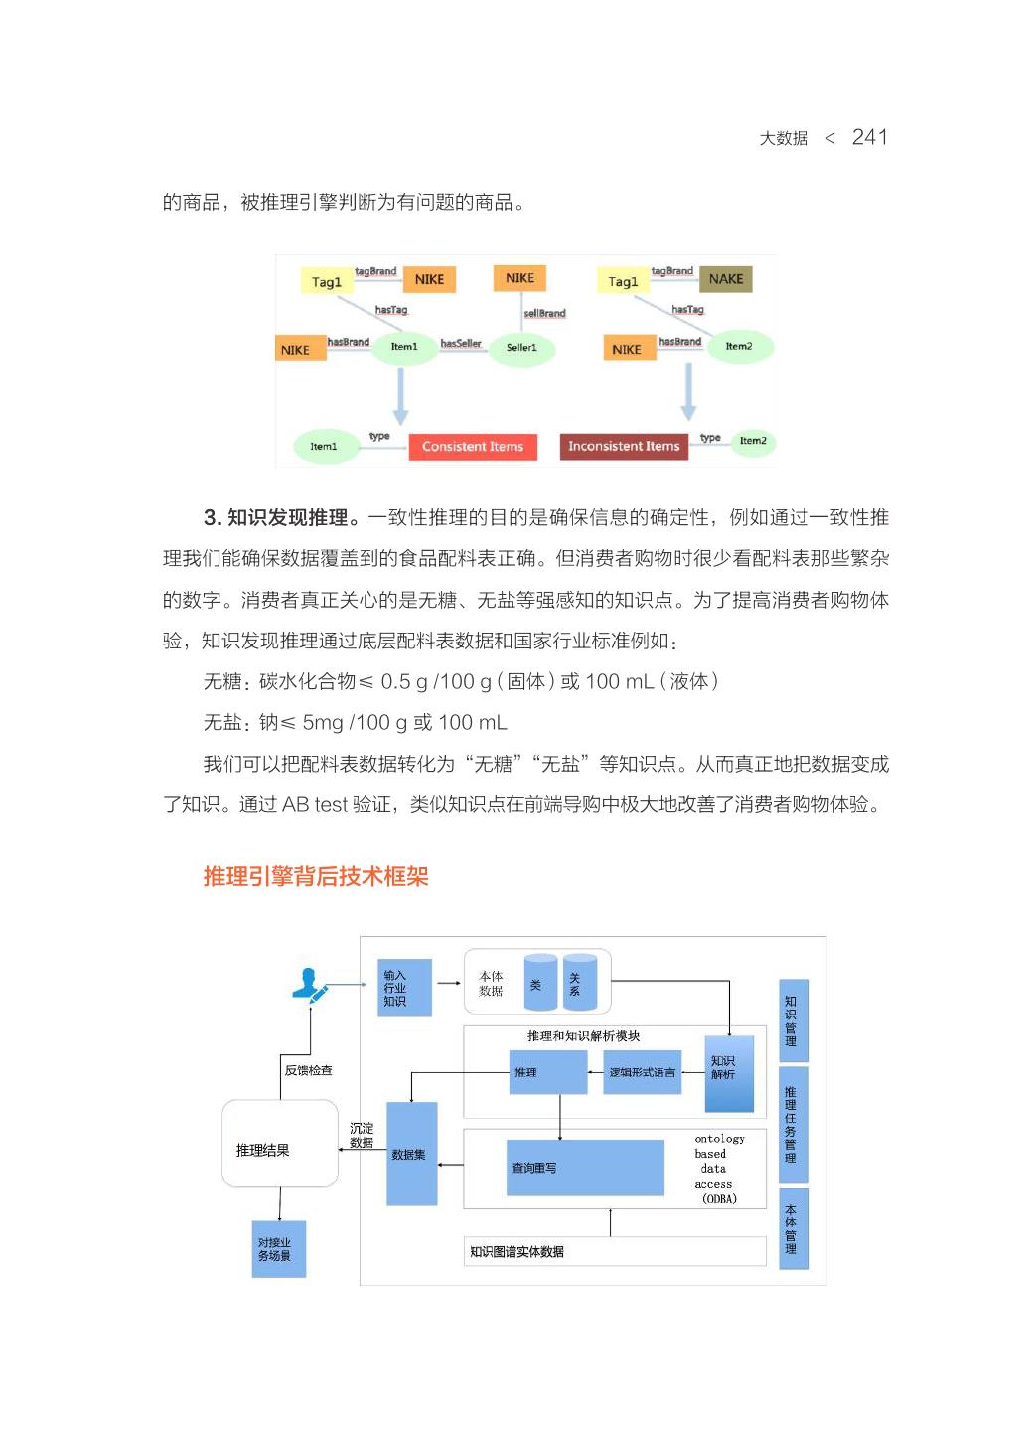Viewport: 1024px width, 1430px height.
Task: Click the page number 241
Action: pyautogui.click(x=869, y=137)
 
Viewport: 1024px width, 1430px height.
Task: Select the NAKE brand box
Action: pyautogui.click(x=725, y=279)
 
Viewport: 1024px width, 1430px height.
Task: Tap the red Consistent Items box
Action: pyautogui.click(x=472, y=447)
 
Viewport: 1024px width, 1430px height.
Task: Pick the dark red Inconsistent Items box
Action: pyautogui.click(x=623, y=447)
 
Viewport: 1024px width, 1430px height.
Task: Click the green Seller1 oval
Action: pyautogui.click(x=521, y=348)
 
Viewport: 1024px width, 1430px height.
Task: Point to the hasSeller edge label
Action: pyautogui.click(x=461, y=344)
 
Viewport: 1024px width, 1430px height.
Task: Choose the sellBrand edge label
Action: pyautogui.click(x=544, y=313)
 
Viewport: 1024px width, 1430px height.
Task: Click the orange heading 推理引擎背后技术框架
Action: pyautogui.click(x=316, y=876)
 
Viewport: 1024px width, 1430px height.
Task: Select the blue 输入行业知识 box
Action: pyautogui.click(x=404, y=988)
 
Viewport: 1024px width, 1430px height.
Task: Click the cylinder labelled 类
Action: pyautogui.click(x=540, y=984)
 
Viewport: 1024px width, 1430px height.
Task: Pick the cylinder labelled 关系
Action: pyautogui.click(x=579, y=984)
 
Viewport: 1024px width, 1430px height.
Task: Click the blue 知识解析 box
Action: pyautogui.click(x=729, y=1072)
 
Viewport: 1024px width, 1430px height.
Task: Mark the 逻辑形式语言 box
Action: pyautogui.click(x=642, y=1072)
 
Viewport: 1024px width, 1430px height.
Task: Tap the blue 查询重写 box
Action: pyautogui.click(x=584, y=1168)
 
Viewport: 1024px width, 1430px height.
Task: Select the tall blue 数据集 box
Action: pyautogui.click(x=411, y=1154)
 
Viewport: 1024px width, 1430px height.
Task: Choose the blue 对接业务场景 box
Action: pyautogui.click(x=278, y=1249)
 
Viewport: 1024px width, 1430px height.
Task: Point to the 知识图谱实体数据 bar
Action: pyautogui.click(x=614, y=1252)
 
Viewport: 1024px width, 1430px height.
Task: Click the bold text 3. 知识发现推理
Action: pyautogui.click(x=281, y=517)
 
